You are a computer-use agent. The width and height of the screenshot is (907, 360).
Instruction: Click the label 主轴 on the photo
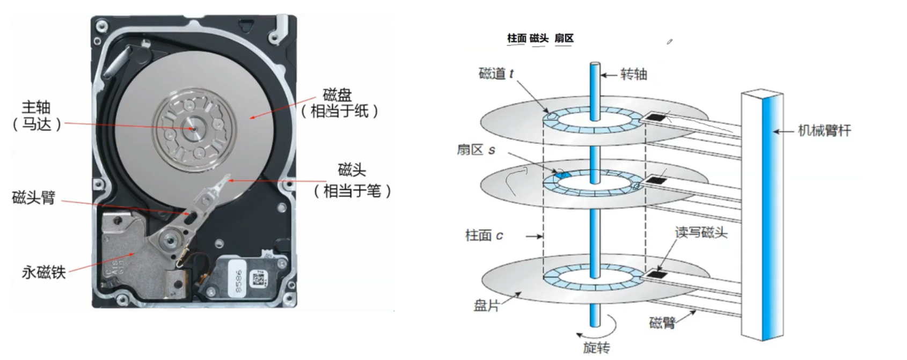pos(36,107)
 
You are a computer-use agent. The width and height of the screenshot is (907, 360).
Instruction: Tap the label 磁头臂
pos(33,197)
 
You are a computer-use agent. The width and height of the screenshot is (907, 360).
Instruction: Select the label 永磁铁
pos(43,273)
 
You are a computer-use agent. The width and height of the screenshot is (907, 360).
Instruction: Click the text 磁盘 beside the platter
pos(337,95)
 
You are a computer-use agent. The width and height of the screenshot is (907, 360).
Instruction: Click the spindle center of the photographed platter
pos(191,128)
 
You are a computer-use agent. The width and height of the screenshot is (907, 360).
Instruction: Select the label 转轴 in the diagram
pos(633,74)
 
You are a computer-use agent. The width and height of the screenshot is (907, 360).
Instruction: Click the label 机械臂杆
pos(824,131)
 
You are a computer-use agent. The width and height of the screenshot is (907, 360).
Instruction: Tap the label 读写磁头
pos(700,232)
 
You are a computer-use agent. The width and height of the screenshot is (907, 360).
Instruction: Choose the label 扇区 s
pos(476,150)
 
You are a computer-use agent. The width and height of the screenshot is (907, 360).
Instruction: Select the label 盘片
pos(486,305)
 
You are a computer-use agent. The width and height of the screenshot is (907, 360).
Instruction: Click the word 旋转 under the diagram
pos(596,348)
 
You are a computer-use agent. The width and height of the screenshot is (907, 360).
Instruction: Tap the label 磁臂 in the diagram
pos(662,322)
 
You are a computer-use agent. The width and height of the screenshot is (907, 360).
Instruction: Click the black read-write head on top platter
pos(655,117)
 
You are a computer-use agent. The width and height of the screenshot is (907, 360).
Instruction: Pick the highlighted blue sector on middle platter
pos(562,175)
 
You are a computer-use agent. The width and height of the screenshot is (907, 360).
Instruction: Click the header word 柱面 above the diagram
pos(516,38)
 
